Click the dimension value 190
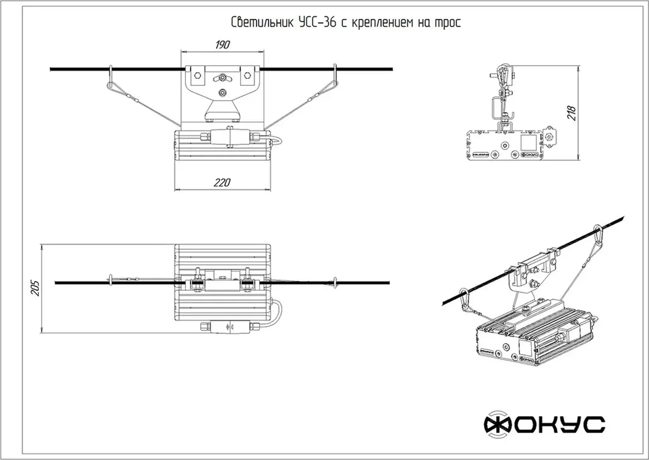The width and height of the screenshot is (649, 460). (222, 45)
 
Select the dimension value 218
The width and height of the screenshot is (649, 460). (572, 113)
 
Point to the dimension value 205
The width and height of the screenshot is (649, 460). (35, 288)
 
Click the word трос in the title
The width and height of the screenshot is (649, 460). (448, 23)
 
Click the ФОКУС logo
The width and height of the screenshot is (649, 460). (544, 424)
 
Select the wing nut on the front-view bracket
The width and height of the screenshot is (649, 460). (223, 78)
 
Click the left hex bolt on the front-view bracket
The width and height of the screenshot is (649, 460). (197, 75)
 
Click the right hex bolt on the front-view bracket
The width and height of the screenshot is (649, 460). (247, 75)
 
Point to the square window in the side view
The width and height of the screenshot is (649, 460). (528, 143)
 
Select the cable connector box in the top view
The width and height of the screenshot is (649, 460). (230, 327)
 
